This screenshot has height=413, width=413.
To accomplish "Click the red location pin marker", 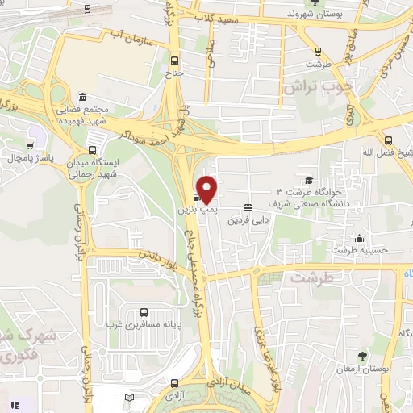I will pos(207,190).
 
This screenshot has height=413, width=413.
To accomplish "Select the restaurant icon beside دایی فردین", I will pos(247,206).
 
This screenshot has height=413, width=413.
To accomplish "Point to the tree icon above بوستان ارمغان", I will pos(362,356).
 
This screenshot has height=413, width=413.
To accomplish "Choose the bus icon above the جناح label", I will pos(176,60).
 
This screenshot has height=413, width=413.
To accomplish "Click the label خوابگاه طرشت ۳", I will pos(310,192).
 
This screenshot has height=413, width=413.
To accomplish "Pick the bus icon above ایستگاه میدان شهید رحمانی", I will pos(92,149).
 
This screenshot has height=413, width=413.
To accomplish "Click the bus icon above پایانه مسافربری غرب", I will pos(144,312).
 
